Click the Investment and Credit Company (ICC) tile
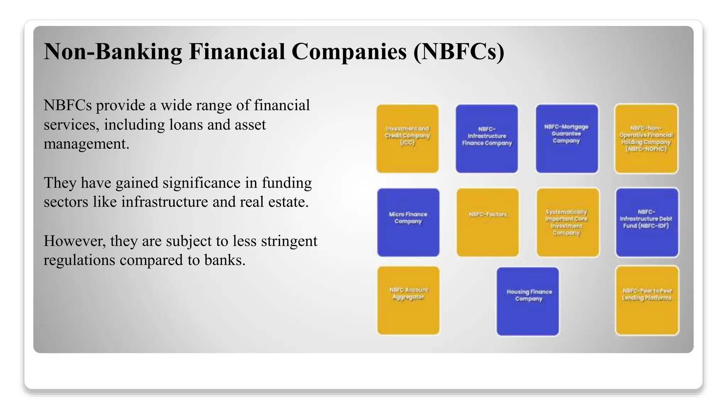408,138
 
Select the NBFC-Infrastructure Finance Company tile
487,138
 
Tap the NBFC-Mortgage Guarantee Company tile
567,138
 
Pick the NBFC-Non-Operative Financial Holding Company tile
646,138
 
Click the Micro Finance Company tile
408,222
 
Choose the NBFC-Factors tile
487,222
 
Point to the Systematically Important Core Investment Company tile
567,222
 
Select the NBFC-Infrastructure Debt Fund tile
647,222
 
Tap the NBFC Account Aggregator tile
408,300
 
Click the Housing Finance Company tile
528,301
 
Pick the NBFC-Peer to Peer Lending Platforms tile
647,300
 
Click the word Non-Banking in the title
113,52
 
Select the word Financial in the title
237,52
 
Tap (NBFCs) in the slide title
458,52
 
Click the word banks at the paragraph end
225,260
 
